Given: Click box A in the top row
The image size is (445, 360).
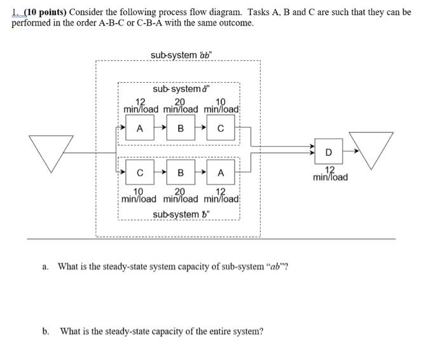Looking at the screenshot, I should (139, 128).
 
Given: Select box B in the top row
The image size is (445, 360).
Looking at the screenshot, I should (180, 128).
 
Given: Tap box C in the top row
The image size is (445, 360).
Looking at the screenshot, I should (220, 128).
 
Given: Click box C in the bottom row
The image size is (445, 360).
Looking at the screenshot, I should (139, 172).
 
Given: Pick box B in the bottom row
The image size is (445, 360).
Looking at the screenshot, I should (180, 172).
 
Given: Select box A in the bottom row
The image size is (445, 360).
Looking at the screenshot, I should (220, 172).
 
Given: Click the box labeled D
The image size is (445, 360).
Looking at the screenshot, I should (328, 152).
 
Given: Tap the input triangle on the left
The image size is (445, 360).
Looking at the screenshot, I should (49, 152).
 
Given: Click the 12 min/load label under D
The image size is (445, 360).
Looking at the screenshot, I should (330, 174).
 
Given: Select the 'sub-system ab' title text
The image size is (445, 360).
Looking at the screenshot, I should (182, 55).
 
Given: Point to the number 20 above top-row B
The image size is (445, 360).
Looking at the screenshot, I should (180, 101).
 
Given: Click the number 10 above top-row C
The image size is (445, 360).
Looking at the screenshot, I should (221, 101).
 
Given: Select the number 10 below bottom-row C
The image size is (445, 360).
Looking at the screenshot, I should (138, 191).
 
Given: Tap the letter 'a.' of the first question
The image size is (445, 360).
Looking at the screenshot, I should (46, 267).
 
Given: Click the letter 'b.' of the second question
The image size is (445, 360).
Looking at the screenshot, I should (46, 331).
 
